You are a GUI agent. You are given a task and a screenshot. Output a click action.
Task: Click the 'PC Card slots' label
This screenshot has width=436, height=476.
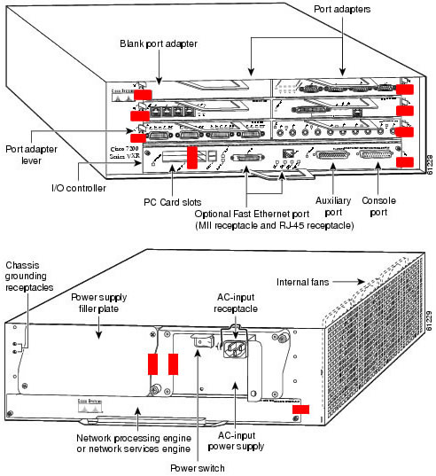pos(175,201)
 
